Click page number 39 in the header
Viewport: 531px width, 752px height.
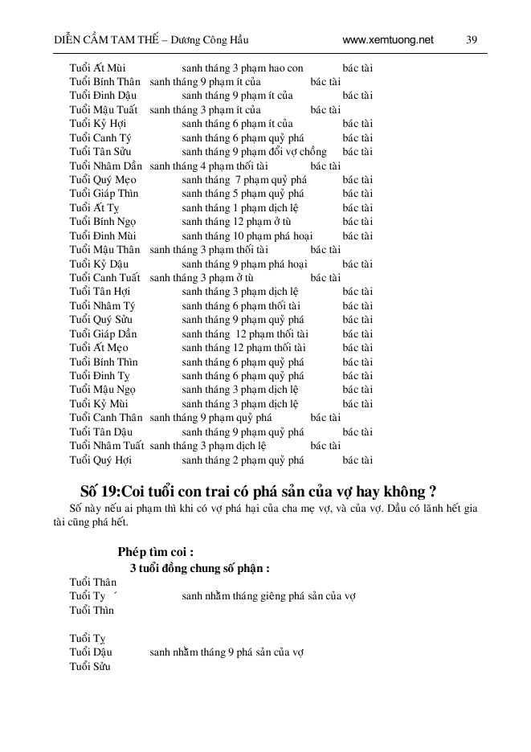(472, 39)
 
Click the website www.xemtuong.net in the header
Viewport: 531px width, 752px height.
(387, 39)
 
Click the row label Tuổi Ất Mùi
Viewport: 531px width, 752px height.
(97, 68)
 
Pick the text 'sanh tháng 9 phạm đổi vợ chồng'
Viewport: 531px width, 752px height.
(254, 152)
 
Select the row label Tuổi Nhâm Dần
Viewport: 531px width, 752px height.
(106, 166)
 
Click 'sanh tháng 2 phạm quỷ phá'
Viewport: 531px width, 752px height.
(243, 460)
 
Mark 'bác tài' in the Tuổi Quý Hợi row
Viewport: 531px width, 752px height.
(357, 460)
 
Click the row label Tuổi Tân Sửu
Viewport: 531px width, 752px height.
(100, 152)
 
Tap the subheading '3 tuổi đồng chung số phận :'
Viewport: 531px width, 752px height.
(199, 568)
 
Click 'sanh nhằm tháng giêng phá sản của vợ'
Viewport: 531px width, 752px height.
(269, 596)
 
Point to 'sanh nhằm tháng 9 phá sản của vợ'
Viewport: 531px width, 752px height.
(227, 652)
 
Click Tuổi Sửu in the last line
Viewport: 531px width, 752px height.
(90, 667)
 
